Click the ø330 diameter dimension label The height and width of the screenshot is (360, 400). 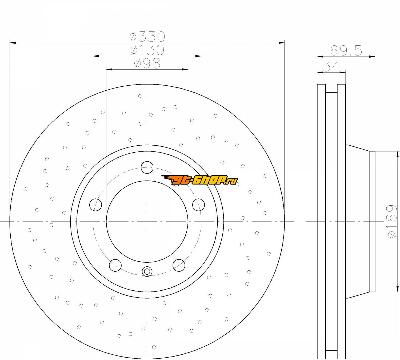tap(147, 37)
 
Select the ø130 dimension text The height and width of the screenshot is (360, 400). tap(147, 50)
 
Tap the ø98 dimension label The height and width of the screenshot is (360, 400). tap(147, 63)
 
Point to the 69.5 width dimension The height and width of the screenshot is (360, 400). tap(346, 51)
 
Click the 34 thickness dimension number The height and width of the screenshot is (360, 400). tap(331, 66)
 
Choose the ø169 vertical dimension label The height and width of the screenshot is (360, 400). tap(392, 221)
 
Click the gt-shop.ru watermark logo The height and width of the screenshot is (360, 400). tap(199, 180)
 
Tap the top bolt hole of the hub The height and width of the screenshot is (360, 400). tap(147, 167)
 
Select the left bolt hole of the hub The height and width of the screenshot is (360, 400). tap(96, 205)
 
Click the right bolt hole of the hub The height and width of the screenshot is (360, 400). tap(199, 205)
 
